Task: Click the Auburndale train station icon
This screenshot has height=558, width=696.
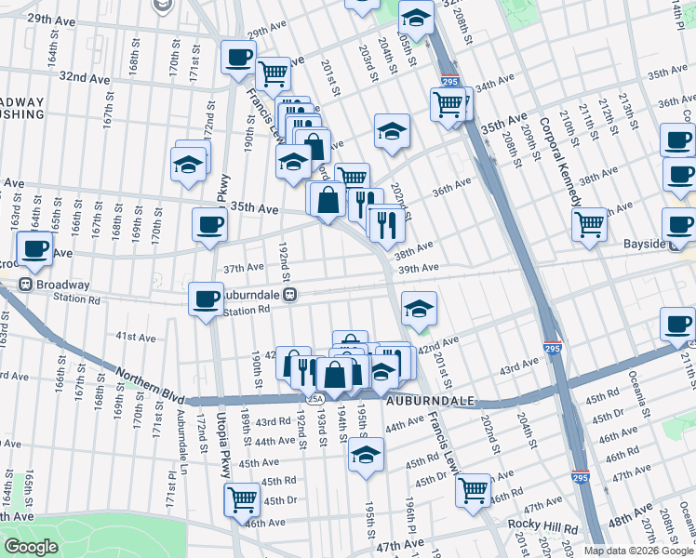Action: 291,295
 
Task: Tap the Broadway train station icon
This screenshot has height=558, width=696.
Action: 26,285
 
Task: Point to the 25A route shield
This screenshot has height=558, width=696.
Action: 315,399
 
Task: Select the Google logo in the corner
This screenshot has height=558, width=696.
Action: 31,547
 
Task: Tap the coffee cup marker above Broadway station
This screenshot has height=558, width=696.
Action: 35,250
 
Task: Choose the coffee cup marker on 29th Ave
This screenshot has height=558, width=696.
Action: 238,57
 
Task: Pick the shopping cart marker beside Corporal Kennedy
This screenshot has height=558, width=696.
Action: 590,224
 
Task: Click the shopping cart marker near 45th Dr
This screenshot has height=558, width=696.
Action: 243,498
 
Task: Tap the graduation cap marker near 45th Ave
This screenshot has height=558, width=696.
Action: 367,456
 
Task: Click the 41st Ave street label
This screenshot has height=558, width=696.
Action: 135,337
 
